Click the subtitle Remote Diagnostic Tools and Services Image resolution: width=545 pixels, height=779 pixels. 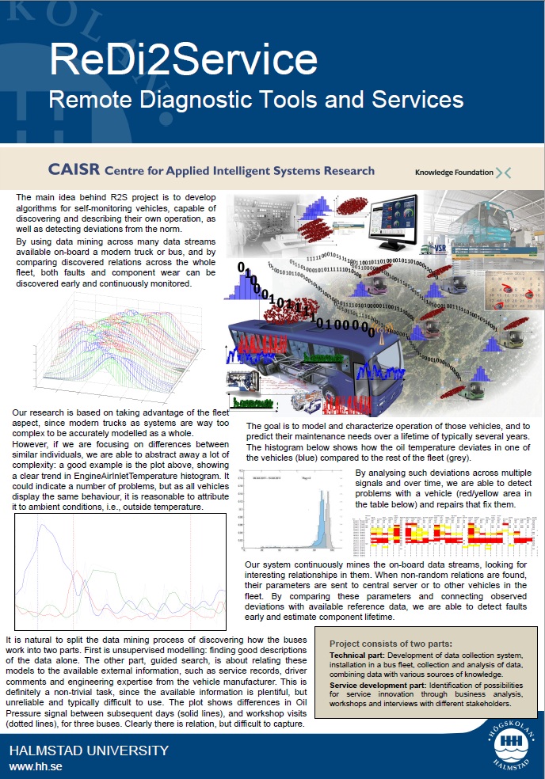click(x=256, y=100)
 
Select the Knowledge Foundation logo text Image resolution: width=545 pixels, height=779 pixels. click(x=453, y=172)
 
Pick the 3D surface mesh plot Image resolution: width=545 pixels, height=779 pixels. click(x=127, y=348)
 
